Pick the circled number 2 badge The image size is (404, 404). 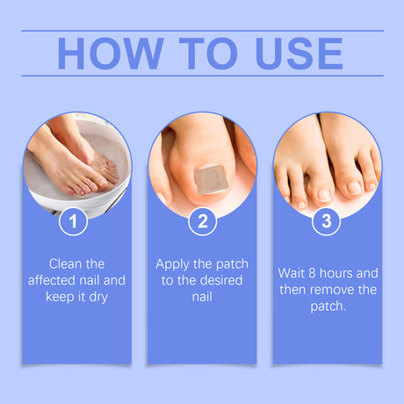tap(202, 222)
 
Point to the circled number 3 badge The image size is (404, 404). tap(327, 222)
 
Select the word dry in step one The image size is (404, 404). tap(104, 299)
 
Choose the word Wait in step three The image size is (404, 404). tap(292, 272)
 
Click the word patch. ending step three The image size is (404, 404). tap(327, 307)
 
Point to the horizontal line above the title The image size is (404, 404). tap(202, 31)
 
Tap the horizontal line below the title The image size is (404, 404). tap(202, 76)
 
